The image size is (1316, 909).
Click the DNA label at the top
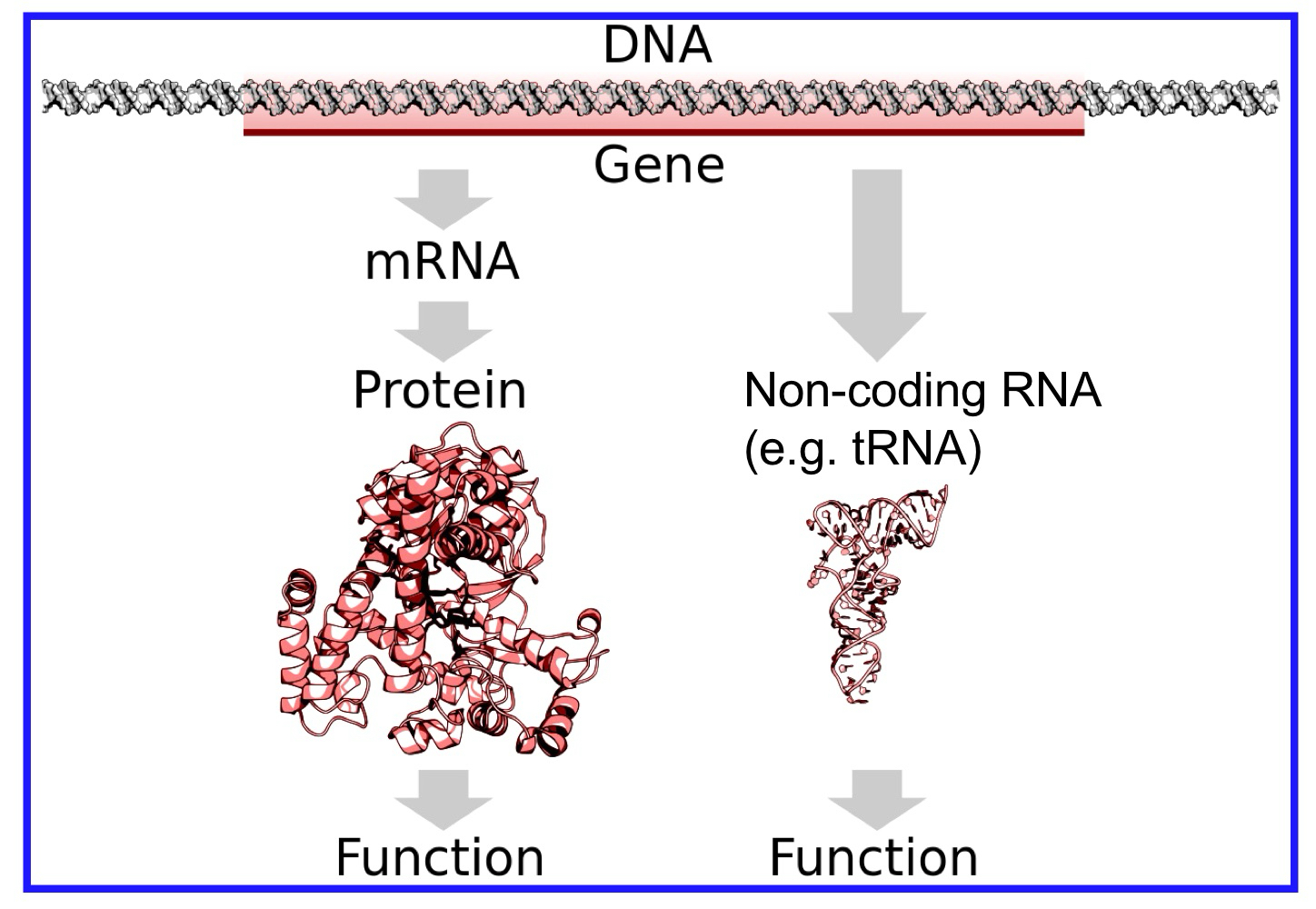click(x=656, y=45)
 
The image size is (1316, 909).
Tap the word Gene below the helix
click(x=659, y=165)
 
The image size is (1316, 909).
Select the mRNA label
click(x=442, y=262)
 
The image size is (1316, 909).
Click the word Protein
click(x=440, y=390)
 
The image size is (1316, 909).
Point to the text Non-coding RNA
click(x=922, y=391)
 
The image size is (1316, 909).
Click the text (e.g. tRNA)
click(x=862, y=448)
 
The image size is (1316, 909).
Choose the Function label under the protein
click(x=440, y=857)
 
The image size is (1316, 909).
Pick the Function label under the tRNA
click(x=873, y=857)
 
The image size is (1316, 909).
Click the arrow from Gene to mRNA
click(x=444, y=198)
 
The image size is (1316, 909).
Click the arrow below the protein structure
click(x=444, y=798)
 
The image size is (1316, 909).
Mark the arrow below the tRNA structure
click(x=877, y=798)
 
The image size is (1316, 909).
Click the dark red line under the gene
click(x=663, y=133)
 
